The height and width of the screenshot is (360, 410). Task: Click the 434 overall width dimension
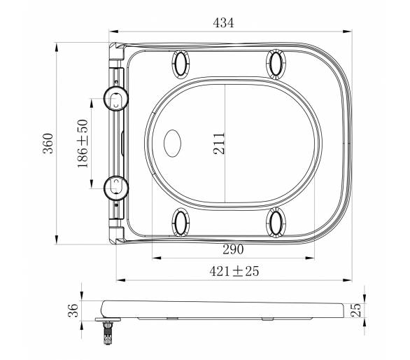point(223,23)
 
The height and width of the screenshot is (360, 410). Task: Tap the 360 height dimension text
point(48,143)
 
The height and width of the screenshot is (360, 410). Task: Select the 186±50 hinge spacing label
point(83,144)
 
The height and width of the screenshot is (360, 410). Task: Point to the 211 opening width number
point(219,144)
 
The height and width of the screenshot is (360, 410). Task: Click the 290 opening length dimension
point(233,249)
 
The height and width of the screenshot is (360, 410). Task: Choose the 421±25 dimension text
point(234,271)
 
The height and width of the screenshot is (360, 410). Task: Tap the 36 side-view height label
point(73,310)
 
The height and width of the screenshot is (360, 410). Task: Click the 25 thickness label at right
point(355,310)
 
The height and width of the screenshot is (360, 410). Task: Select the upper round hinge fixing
point(116,99)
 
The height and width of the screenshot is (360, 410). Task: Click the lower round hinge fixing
point(116,188)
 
